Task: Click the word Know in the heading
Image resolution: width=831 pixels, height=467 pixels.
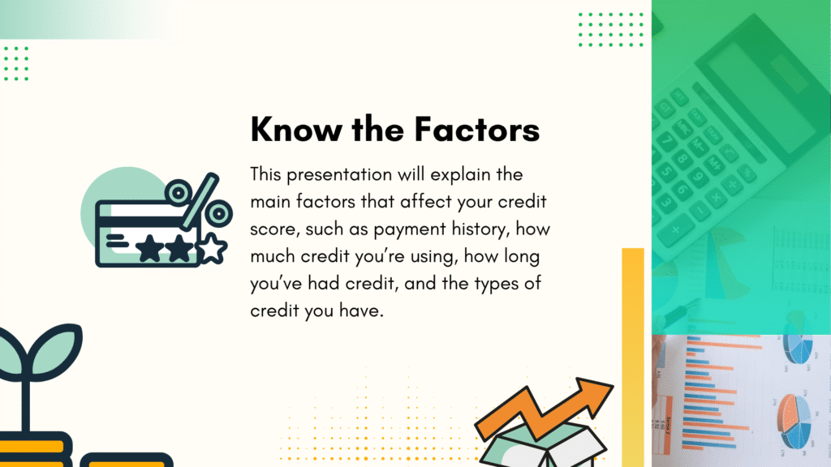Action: (x=296, y=129)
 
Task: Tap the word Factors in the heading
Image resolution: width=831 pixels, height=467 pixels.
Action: (x=477, y=129)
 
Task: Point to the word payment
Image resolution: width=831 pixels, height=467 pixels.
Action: (x=410, y=229)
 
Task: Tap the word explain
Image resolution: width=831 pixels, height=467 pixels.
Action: (x=461, y=175)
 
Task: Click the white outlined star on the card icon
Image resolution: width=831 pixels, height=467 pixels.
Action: (x=213, y=248)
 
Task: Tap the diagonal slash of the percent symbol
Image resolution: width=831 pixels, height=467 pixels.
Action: (x=200, y=201)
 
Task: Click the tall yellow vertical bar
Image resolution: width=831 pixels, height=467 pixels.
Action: (x=633, y=358)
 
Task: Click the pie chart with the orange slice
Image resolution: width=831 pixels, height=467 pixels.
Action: (x=794, y=421)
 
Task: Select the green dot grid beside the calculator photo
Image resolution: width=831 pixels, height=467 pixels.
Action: (x=610, y=30)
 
